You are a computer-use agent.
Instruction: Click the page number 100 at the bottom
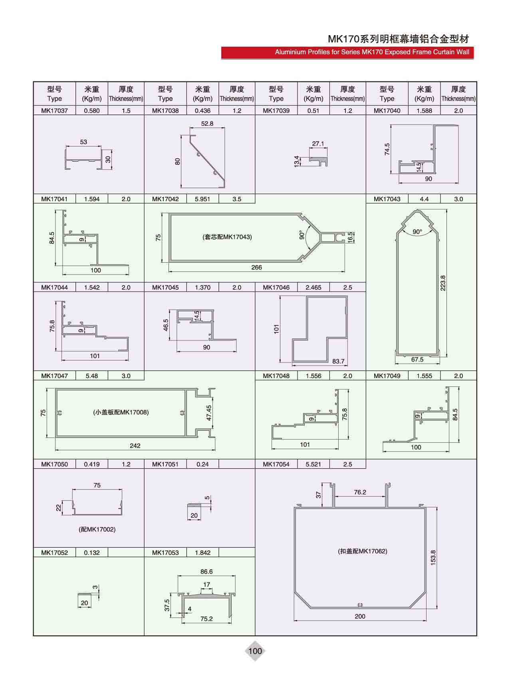point(255,651)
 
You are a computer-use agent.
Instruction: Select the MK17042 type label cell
point(165,199)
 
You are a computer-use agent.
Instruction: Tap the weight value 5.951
point(202,199)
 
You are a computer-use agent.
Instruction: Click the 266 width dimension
point(256,267)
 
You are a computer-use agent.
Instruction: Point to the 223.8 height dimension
point(443,283)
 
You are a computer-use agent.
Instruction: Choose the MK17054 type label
point(276,464)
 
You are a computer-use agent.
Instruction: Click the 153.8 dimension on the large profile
point(433,557)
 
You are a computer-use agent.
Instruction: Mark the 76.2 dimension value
point(360,492)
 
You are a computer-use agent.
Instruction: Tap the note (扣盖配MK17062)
point(363,551)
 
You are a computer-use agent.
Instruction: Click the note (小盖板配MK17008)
point(121,412)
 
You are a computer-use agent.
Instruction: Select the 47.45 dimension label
point(209,413)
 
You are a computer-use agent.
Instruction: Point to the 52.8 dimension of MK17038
point(207,124)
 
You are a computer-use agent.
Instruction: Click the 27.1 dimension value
point(318,144)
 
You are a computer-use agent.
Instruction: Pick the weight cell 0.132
point(92,553)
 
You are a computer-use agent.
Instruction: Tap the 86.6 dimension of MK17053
point(206,572)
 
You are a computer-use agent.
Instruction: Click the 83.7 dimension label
point(338,361)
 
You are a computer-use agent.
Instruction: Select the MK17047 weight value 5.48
point(92,376)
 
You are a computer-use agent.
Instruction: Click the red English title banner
point(347,52)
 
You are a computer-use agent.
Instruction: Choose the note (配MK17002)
point(97,529)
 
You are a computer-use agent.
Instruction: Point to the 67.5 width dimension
point(417,359)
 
